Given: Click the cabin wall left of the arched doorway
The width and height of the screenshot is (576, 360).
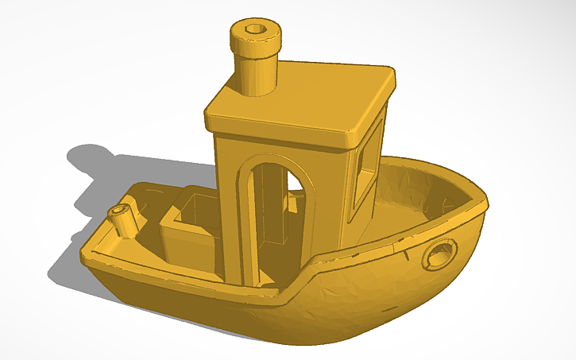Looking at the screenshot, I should [x=228, y=199].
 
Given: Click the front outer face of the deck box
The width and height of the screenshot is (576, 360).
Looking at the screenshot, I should [x=187, y=246].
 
